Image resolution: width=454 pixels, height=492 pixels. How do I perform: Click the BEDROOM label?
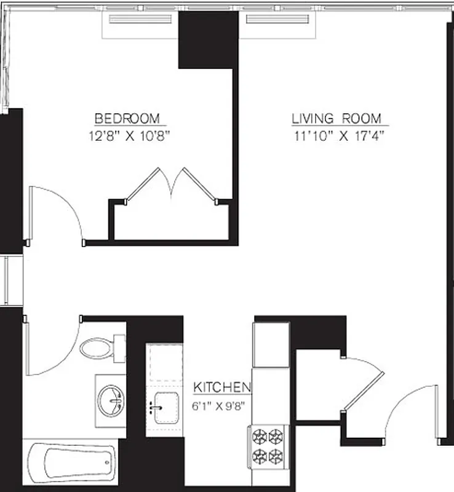[127, 118]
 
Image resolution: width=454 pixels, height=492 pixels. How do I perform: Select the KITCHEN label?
[222, 387]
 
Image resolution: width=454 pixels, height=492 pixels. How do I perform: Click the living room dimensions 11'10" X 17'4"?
[339, 136]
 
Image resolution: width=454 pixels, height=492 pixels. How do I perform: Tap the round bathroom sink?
[111, 401]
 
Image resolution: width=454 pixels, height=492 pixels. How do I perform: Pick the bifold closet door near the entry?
[363, 384]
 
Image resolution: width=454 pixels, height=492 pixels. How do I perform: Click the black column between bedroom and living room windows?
[207, 40]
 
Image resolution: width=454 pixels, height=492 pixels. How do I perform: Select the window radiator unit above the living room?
[277, 19]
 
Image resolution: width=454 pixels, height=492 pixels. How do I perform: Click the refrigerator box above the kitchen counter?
[271, 344]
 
